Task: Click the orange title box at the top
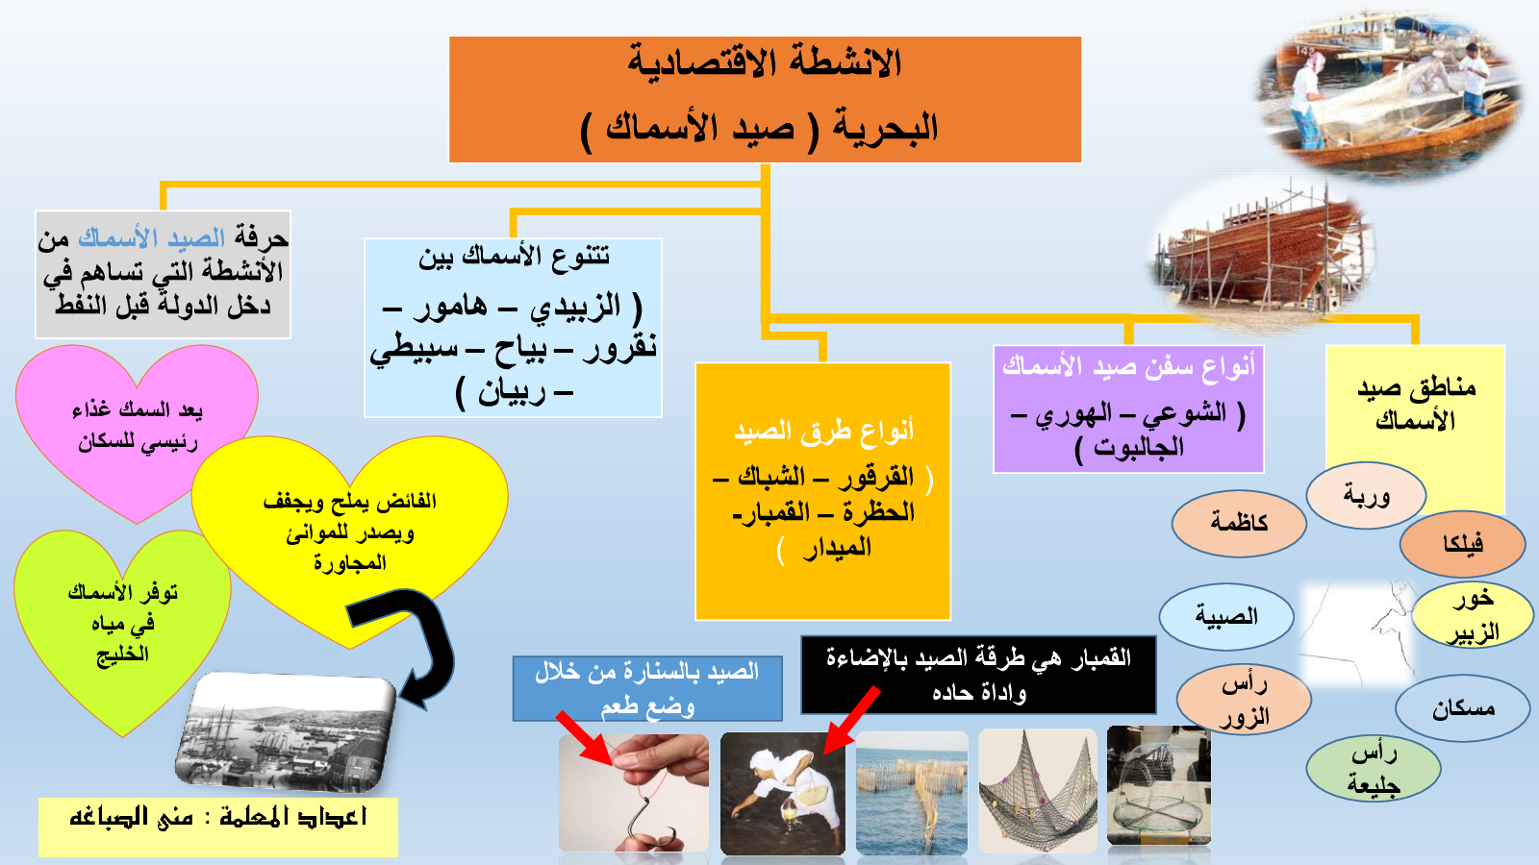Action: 765,100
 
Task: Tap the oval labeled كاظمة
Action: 1239,523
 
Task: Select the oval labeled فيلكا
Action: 1463,544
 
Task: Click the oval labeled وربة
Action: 1366,495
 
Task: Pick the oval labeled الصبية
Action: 1226,616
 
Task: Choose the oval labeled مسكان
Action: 1463,708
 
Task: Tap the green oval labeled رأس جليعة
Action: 1373,768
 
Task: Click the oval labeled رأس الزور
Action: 1244,700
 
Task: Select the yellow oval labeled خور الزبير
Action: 1473,616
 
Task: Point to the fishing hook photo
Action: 634,794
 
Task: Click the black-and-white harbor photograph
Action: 285,731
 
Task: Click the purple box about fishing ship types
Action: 1128,409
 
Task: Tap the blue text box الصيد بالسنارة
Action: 647,688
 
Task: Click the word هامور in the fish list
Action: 450,307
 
